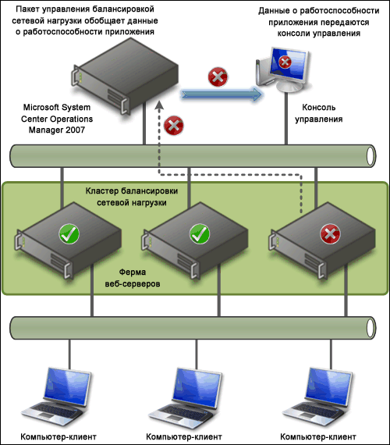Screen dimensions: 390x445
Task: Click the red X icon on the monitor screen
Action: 285,62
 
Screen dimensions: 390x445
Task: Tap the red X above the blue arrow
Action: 218,77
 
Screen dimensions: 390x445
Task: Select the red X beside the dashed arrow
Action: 174,126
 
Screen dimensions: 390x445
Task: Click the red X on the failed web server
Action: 330,234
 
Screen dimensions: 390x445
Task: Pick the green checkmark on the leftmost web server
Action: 69,234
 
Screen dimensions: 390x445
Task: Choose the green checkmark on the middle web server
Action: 200,234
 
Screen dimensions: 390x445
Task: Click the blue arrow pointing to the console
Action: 222,94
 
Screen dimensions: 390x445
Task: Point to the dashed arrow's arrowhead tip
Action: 159,101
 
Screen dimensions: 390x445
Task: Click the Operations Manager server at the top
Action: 125,76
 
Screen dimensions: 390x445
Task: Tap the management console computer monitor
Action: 284,70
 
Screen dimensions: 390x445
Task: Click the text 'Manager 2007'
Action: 57,130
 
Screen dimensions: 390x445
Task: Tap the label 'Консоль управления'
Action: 319,113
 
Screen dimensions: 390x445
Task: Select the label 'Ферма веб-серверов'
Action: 133,278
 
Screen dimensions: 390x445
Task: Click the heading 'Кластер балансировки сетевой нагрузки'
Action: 132,197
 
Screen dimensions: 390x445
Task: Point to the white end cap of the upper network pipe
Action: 370,156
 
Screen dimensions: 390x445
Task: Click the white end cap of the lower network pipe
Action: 370,328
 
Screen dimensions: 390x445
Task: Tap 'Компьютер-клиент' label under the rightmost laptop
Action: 318,436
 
